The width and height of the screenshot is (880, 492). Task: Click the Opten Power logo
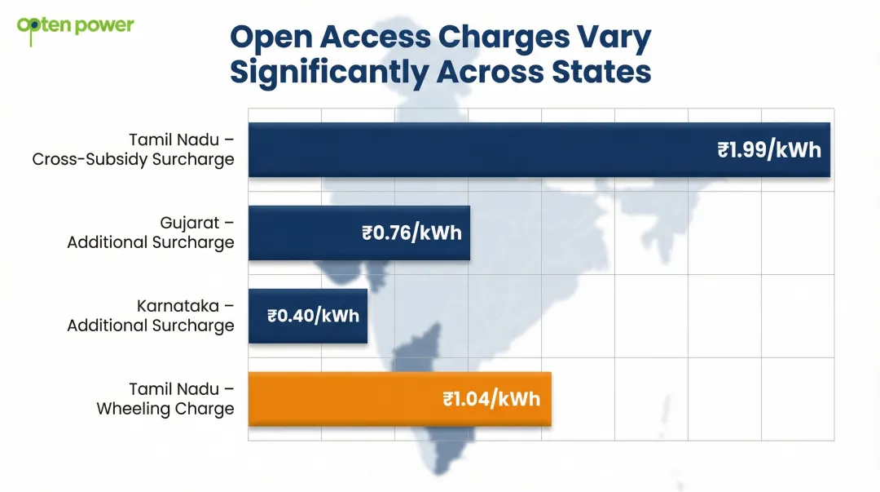click(75, 25)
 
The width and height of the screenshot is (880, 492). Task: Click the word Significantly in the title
click(328, 72)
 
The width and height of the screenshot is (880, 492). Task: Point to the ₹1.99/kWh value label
click(769, 150)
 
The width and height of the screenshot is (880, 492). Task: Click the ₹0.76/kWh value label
click(411, 233)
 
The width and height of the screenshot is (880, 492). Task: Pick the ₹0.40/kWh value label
click(313, 316)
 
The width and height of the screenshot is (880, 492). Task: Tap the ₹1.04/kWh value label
click(491, 399)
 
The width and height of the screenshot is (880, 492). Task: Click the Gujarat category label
click(196, 223)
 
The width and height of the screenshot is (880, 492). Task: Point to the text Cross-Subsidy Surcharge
click(133, 160)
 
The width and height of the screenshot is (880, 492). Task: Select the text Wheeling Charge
click(165, 409)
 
